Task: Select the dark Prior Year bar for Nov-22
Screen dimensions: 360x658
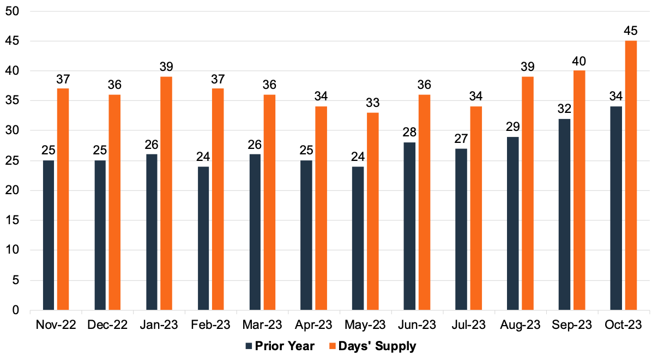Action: (49, 235)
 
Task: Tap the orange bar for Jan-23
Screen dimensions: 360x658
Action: (166, 194)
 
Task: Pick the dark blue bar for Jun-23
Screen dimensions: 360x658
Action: (409, 226)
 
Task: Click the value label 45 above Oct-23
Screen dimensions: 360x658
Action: (631, 31)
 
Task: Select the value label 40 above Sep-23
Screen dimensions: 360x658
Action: (579, 61)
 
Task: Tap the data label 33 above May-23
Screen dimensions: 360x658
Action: (373, 103)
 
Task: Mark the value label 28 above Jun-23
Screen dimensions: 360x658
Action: (409, 133)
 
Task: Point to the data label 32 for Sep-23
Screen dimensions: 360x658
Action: (565, 109)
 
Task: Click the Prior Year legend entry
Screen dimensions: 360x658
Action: (280, 346)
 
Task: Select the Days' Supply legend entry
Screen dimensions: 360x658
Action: (372, 346)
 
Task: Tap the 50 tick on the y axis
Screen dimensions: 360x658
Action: (12, 11)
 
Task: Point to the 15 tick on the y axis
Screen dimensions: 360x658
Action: (12, 220)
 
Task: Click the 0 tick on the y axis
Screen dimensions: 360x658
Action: (15, 310)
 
